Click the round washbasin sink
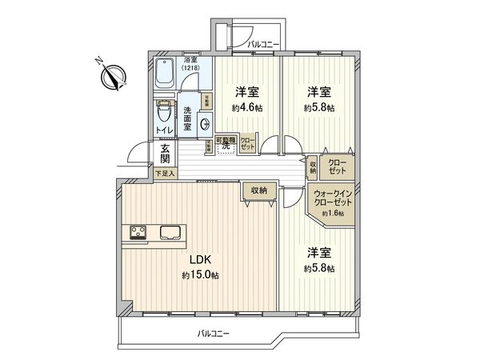pyautogui.click(x=205, y=123)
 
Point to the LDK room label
pyautogui.click(x=199, y=260)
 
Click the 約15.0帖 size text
pyautogui.click(x=200, y=275)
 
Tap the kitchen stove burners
pyautogui.click(x=135, y=234)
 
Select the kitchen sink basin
pyautogui.click(x=172, y=234)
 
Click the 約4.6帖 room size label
pyautogui.click(x=246, y=107)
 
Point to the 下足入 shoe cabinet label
pyautogui.click(x=163, y=173)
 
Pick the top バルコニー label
pyautogui.click(x=262, y=43)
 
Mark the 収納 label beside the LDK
pyautogui.click(x=258, y=189)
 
